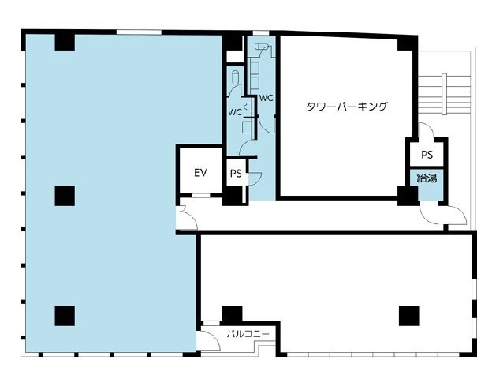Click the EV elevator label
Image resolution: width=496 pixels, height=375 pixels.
click(x=200, y=173)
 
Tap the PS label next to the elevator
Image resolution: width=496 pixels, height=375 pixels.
click(x=236, y=173)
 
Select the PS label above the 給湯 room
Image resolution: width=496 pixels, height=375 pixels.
click(x=427, y=155)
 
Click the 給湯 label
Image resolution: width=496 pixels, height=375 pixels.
click(x=427, y=178)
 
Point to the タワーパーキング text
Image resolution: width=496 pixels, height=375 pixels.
click(x=346, y=107)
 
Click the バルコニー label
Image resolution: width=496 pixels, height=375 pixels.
click(x=248, y=334)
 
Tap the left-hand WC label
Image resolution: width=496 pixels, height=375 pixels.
click(x=235, y=112)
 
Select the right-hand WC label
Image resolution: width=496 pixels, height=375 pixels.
click(x=266, y=98)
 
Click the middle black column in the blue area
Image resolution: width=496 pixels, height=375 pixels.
click(x=65, y=196)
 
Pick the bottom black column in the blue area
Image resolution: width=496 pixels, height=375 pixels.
click(x=65, y=316)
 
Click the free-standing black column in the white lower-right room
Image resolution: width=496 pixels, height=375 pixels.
click(x=409, y=316)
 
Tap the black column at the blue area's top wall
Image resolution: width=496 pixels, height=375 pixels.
click(x=65, y=42)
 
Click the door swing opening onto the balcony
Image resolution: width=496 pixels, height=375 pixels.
click(x=209, y=340)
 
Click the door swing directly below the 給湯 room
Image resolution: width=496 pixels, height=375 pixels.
click(x=429, y=212)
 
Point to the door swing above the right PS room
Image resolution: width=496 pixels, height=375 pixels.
click(x=426, y=130)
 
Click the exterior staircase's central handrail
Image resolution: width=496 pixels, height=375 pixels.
click(x=444, y=94)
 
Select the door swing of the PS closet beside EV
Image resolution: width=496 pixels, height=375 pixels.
click(x=255, y=178)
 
